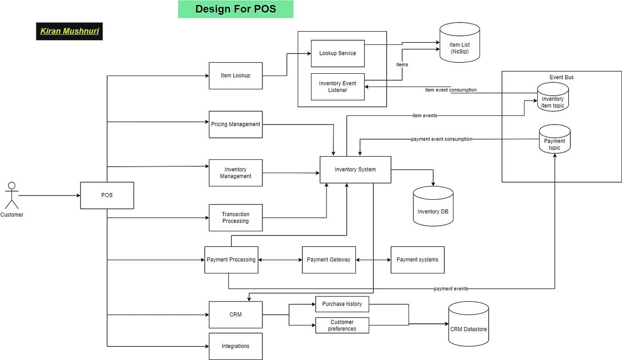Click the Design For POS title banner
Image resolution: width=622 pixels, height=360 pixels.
(x=235, y=9)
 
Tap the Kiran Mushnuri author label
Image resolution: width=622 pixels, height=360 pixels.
(x=69, y=31)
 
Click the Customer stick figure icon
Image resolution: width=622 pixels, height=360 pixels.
(x=12, y=196)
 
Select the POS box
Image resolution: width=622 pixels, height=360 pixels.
(x=107, y=196)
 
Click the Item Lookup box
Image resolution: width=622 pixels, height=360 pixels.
(x=235, y=76)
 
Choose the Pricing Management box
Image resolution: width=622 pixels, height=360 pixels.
(x=235, y=124)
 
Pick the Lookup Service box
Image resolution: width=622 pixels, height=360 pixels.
(x=338, y=53)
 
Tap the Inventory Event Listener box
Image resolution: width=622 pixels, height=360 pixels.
(x=338, y=87)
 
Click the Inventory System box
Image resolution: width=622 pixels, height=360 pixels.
(x=355, y=169)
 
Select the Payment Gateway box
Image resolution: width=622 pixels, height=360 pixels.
(x=328, y=260)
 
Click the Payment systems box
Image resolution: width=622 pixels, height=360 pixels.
(x=417, y=260)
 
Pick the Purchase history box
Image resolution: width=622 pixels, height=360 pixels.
(x=342, y=304)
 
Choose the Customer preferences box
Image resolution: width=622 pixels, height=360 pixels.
(x=342, y=325)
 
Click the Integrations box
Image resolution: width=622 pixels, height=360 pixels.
(x=235, y=346)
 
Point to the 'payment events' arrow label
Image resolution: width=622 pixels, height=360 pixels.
(x=451, y=289)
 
